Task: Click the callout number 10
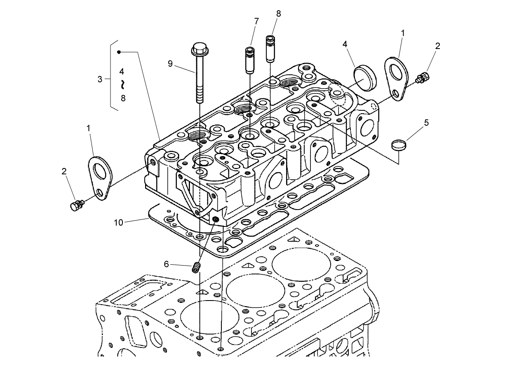point(119,222)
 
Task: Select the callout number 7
point(256,21)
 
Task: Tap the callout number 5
point(426,122)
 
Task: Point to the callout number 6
point(167,264)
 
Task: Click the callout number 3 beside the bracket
point(100,79)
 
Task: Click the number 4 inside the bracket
point(122,71)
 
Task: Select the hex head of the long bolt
point(200,50)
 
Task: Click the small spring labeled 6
point(197,268)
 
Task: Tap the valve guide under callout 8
point(270,49)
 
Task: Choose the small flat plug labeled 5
point(399,145)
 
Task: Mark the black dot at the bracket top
point(119,52)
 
